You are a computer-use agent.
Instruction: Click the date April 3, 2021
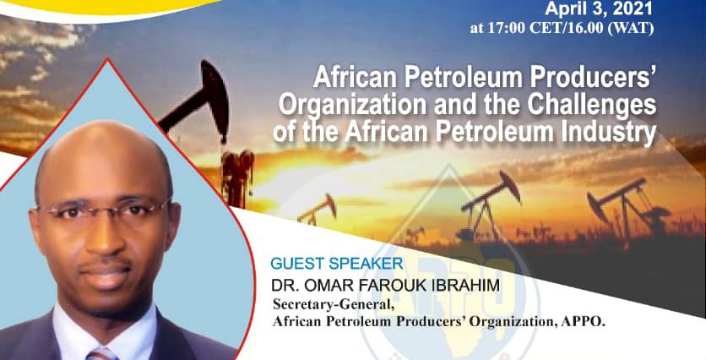(x=599, y=8)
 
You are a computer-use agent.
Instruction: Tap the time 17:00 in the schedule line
(x=505, y=29)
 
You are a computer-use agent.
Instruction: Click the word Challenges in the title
(x=592, y=106)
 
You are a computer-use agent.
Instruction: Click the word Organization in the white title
(x=352, y=106)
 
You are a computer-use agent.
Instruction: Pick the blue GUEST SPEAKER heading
(x=337, y=264)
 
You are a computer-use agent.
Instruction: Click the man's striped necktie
(x=100, y=354)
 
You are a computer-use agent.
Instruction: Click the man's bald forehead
(x=103, y=162)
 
